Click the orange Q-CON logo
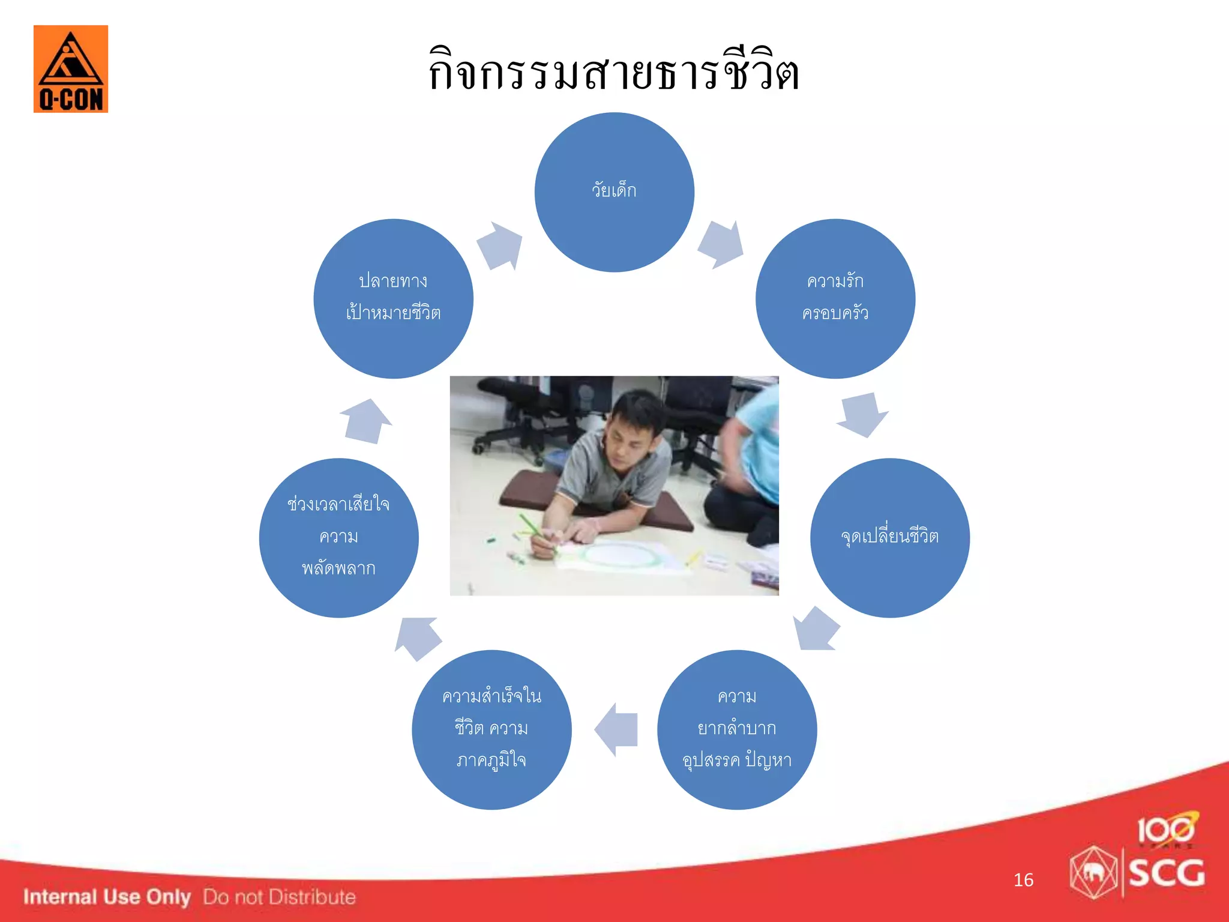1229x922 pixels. [x=71, y=69]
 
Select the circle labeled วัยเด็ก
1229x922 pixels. [x=614, y=192]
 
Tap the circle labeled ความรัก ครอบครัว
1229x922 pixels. [x=835, y=298]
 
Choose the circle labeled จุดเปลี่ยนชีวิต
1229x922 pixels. [x=889, y=537]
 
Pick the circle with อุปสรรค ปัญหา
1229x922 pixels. [x=736, y=729]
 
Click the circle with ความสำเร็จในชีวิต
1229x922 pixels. [x=491, y=729]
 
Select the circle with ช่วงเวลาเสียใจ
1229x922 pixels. [x=338, y=537]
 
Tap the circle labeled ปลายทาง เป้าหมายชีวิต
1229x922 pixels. [x=393, y=298]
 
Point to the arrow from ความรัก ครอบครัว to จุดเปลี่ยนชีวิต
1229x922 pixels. [x=862, y=414]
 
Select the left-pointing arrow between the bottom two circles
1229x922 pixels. [x=616, y=729]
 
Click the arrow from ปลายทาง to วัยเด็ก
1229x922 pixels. [x=500, y=246]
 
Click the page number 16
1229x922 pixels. [x=1023, y=880]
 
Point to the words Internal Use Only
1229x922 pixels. [x=107, y=897]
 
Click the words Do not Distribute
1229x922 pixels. [x=279, y=897]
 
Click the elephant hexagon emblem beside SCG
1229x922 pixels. [x=1093, y=872]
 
